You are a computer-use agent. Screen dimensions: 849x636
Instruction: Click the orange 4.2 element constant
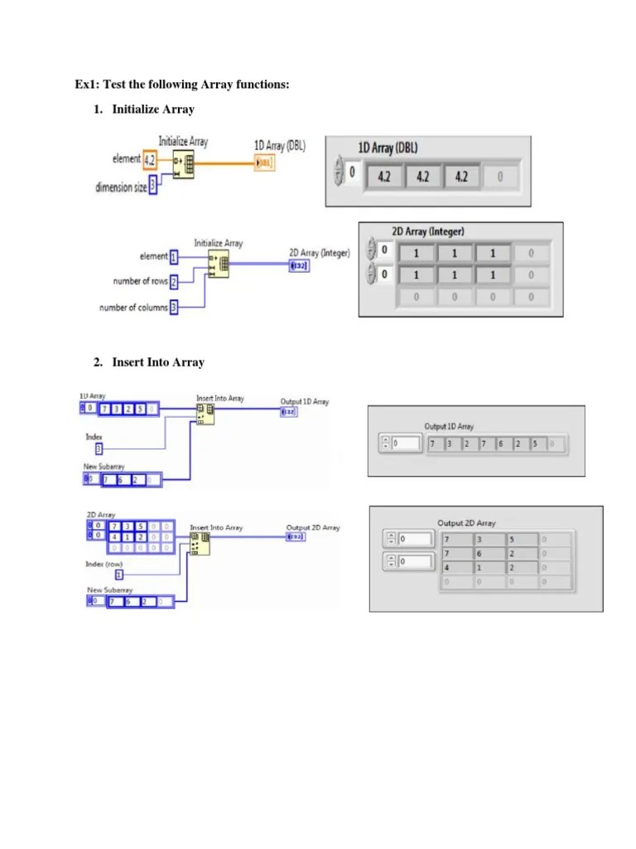[149, 159]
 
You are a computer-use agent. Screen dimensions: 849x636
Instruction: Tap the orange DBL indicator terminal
[263, 163]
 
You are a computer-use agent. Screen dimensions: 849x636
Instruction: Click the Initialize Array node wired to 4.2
[183, 164]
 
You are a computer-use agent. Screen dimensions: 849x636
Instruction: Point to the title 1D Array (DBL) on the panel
[388, 148]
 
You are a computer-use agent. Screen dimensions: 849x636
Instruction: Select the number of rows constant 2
[174, 282]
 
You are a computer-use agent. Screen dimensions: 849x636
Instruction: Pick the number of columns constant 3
[174, 308]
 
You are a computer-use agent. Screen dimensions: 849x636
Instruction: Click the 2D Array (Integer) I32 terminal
[299, 265]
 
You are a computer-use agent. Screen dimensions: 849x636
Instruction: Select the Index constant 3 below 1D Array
[99, 449]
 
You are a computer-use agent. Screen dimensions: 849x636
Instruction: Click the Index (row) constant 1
[118, 574]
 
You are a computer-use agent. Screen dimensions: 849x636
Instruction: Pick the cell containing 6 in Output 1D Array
[499, 444]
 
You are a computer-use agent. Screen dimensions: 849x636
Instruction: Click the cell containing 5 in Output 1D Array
[534, 444]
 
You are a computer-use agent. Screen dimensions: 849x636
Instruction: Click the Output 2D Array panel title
[466, 523]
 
